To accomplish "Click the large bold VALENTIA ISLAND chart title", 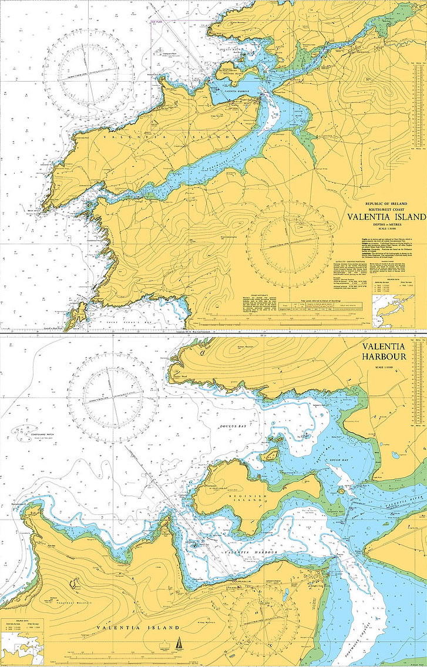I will (x=386, y=217).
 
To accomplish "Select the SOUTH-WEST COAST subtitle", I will (x=386, y=208).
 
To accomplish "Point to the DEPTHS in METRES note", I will (x=386, y=224).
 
